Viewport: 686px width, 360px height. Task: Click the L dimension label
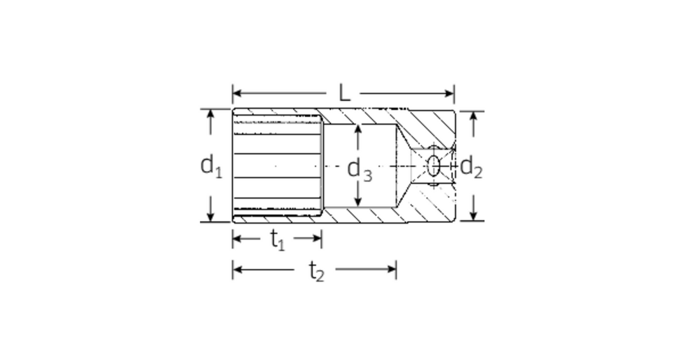[x=345, y=93]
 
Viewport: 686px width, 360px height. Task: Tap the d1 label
[x=211, y=166]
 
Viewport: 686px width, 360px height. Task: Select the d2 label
[x=471, y=167]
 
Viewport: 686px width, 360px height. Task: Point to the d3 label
[x=360, y=170]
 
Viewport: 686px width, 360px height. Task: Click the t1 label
[x=278, y=239]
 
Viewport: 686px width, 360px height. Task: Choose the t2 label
[x=316, y=271]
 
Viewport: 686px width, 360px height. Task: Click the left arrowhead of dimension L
[x=237, y=93]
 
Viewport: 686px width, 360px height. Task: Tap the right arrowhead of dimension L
[x=449, y=93]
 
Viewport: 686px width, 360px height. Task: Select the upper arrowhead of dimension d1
[x=210, y=114]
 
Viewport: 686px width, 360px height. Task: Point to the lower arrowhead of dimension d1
[x=210, y=217]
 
